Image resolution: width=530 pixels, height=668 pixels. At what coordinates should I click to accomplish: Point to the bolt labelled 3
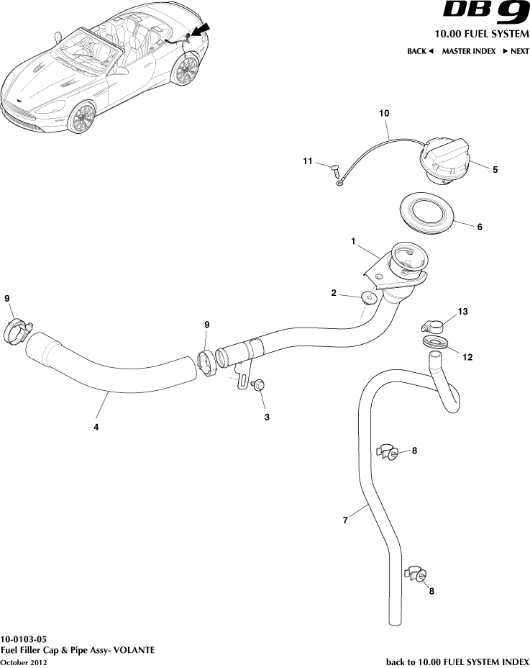pos(259,386)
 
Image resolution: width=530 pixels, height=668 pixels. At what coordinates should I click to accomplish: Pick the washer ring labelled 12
pos(434,342)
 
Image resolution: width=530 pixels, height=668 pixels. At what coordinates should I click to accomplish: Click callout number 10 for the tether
pos(384,114)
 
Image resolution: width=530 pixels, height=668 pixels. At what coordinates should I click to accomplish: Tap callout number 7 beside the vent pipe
pos(345,520)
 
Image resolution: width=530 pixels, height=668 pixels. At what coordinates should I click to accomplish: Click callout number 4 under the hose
pos(96,427)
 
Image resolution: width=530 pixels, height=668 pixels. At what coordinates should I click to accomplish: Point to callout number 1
pos(354,243)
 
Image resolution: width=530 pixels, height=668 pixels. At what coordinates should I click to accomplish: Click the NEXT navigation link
pos(516,52)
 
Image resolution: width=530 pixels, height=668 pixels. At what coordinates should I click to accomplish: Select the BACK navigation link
pos(420,52)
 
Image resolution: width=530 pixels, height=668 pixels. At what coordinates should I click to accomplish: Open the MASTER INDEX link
pos(468,52)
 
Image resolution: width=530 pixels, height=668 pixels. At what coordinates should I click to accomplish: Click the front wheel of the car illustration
pos(83,118)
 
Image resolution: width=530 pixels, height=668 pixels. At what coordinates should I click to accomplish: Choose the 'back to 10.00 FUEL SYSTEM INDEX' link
pos(457,662)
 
